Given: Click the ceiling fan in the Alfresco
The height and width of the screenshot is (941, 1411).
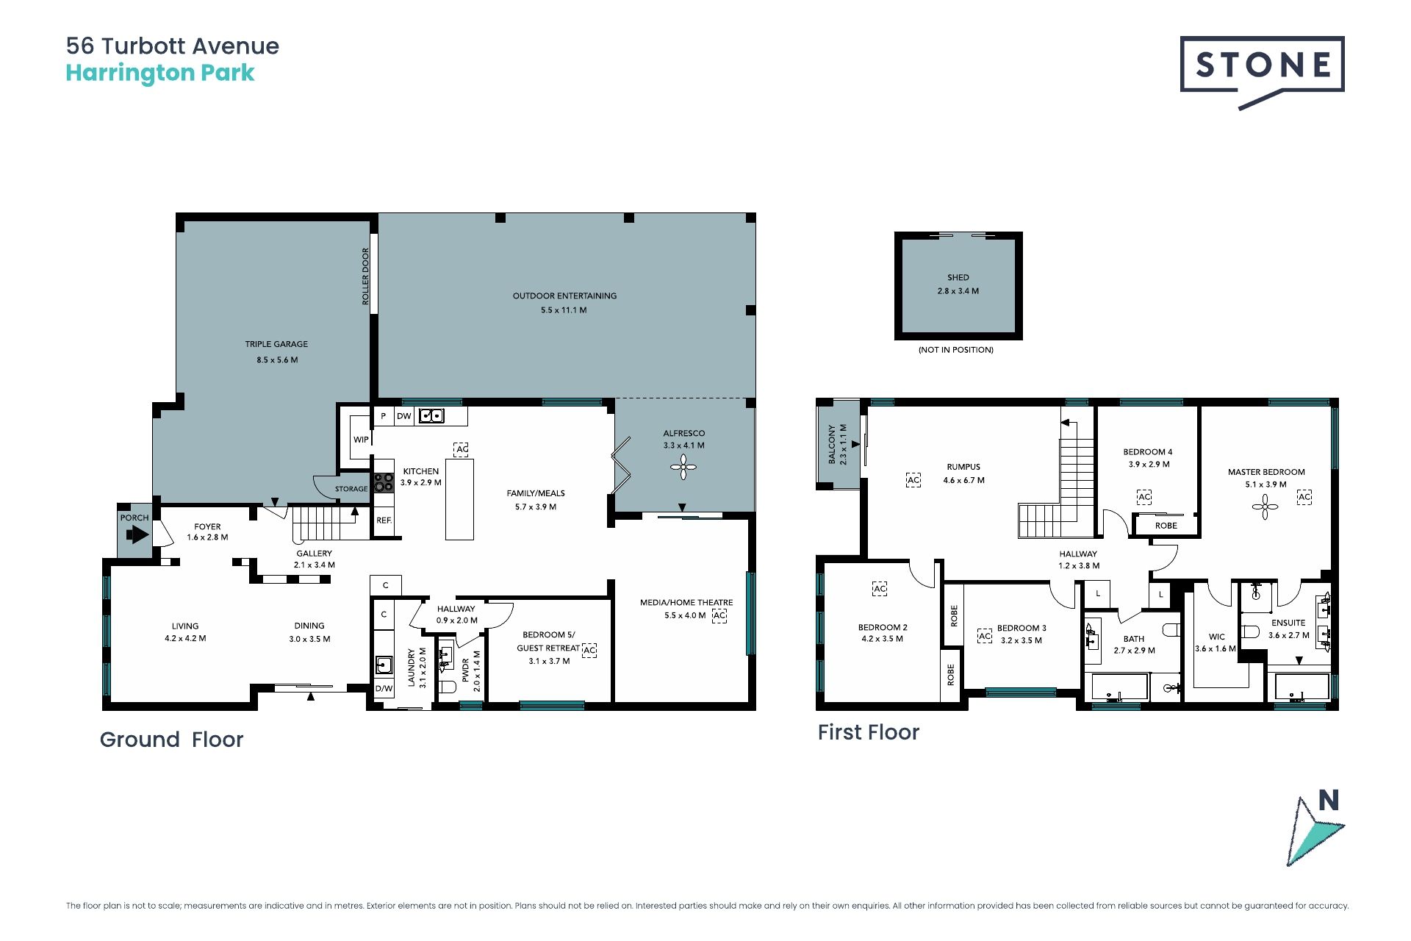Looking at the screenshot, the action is [683, 467].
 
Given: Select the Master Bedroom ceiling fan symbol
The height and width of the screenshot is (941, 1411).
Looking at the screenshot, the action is [1265, 507].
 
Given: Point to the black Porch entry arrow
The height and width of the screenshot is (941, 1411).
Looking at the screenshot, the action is [137, 534].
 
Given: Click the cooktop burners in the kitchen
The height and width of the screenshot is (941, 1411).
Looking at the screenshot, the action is [384, 482].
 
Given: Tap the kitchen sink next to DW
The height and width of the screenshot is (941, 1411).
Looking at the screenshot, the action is [431, 416].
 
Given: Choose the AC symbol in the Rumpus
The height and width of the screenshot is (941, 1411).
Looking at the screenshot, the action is [913, 480].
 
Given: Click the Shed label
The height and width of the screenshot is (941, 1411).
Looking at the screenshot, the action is [958, 278].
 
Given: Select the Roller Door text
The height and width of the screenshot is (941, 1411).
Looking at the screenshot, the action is [365, 276].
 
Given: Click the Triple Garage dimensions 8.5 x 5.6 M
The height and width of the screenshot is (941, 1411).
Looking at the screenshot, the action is [277, 360].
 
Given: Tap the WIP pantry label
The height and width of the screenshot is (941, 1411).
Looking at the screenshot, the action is [361, 440].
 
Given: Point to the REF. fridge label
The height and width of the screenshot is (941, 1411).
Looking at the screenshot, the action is [384, 520].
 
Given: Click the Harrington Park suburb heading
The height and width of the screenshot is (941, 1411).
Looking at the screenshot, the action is [160, 73].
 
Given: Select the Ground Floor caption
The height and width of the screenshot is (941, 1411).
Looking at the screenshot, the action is [171, 740].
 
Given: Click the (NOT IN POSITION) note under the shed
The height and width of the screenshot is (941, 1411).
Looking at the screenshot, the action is [956, 350].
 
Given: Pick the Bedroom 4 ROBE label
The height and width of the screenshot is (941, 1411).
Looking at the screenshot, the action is [1166, 526].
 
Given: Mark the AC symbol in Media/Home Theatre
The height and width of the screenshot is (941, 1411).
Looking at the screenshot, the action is [719, 615].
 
